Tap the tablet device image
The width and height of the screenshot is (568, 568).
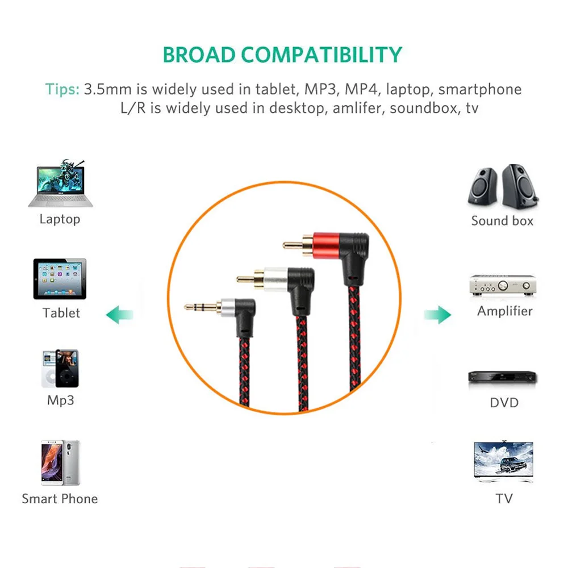click(x=60, y=279)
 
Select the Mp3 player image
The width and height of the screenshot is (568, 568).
click(x=60, y=369)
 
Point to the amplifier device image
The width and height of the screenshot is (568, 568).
click(x=503, y=285)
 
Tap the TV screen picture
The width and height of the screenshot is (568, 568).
click(x=503, y=462)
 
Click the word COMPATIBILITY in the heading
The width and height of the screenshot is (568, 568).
click(x=321, y=55)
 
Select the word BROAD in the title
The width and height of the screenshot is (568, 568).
click(x=199, y=55)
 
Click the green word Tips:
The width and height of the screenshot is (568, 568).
click(x=62, y=89)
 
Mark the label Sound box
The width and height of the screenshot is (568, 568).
click(x=502, y=221)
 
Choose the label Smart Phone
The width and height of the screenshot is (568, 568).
click(x=60, y=499)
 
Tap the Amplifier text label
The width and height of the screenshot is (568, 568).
click(x=504, y=311)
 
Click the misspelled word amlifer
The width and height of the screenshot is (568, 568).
click(x=349, y=108)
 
